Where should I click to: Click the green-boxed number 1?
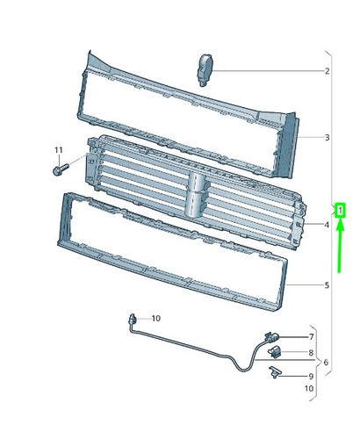[340, 210]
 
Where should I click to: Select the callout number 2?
[327, 71]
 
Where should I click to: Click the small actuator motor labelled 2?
[205, 69]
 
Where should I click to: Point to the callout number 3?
[327, 137]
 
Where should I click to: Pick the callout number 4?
[327, 225]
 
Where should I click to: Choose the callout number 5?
[327, 285]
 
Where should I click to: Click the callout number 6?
[326, 363]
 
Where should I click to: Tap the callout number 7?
[311, 337]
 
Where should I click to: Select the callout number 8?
[311, 353]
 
